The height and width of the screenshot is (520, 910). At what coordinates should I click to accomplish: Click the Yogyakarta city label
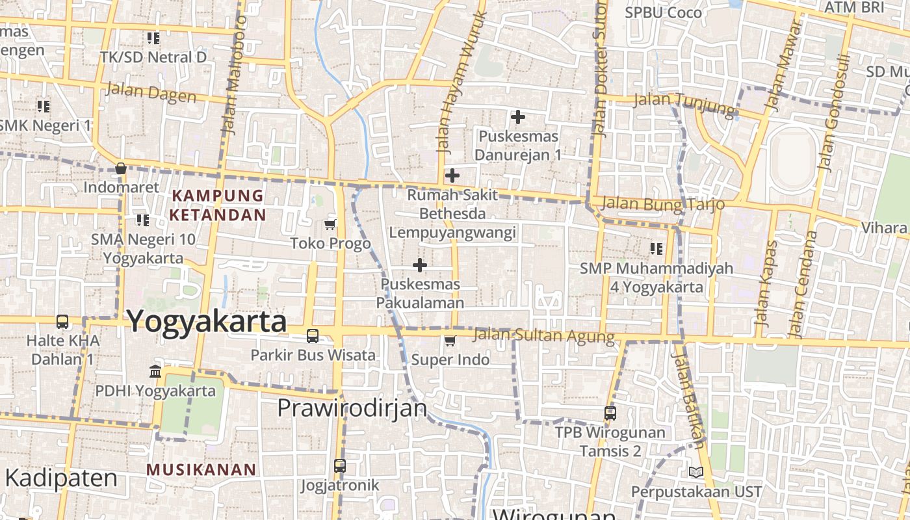point(206,322)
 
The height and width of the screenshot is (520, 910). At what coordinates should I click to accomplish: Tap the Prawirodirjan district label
point(352,408)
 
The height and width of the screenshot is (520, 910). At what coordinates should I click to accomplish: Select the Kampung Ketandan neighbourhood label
point(218,205)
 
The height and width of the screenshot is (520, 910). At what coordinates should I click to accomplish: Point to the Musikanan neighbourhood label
point(201,469)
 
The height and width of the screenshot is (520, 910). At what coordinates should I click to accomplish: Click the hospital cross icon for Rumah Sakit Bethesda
point(452,175)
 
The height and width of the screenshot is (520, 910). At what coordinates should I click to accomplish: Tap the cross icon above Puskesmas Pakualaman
point(420,265)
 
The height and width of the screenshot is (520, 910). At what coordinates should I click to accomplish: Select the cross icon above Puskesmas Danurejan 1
point(517,117)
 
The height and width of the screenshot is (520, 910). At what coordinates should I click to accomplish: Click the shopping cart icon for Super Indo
point(450,341)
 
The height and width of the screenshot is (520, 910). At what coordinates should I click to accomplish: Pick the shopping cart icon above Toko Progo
point(330,225)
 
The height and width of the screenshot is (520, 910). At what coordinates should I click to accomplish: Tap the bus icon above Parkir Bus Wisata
point(313,336)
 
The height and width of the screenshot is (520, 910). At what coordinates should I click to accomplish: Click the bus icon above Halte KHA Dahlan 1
point(62,321)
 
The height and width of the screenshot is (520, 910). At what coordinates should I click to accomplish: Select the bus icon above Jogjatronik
point(340,465)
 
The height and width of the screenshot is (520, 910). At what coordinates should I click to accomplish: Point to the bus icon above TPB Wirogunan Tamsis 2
point(610,413)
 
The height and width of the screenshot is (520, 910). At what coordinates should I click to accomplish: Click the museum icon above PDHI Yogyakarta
point(155,372)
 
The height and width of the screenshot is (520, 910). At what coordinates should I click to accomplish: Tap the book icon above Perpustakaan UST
point(695,472)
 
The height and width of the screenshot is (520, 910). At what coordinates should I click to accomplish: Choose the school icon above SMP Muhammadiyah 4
point(656,248)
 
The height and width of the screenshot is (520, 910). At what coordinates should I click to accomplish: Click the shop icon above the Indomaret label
point(120,168)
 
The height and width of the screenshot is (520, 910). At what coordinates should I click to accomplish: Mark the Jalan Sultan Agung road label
point(543,336)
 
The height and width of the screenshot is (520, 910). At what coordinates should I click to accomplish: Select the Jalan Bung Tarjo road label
point(663,203)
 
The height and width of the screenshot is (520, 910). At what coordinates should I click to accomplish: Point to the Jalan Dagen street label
point(151,93)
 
